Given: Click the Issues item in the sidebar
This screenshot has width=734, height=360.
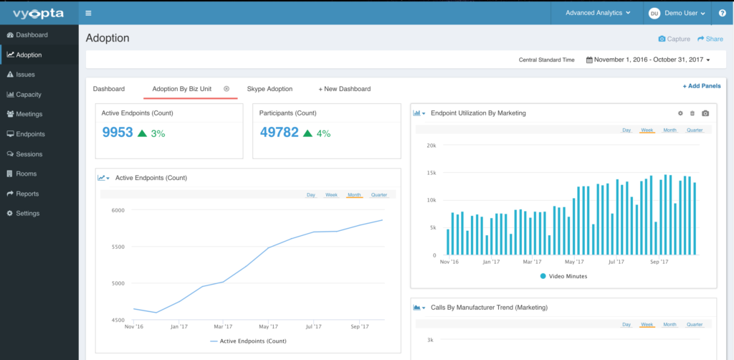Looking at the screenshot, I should coord(25,75).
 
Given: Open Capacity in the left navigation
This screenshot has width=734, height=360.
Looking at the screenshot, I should coord(28,95).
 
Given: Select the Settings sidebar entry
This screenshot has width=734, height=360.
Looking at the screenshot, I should coord(27,214).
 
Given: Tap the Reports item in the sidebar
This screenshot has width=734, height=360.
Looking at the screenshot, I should coord(27,194).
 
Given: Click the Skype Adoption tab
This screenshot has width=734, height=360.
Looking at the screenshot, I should coord(270,89).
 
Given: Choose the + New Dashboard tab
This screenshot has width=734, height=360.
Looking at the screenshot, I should coord(345,89).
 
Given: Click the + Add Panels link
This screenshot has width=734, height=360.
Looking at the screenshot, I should coord(702,86).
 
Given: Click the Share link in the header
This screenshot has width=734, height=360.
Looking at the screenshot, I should coord(710,39).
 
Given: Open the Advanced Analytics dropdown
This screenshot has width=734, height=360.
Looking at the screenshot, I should coord(598,13).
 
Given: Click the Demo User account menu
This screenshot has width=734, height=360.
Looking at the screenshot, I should coord(677,13).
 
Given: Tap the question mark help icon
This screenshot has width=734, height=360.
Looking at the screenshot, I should coord(722,13).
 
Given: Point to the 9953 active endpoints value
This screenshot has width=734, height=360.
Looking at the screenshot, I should coord(118,133).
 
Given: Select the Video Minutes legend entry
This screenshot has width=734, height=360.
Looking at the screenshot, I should coord(563,276).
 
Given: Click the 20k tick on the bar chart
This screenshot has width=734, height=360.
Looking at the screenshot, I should coord(431,145).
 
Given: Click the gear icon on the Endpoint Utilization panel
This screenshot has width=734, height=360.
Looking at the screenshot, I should coord(680,113).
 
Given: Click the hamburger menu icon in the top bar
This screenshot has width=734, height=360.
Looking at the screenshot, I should coord(88,13).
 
